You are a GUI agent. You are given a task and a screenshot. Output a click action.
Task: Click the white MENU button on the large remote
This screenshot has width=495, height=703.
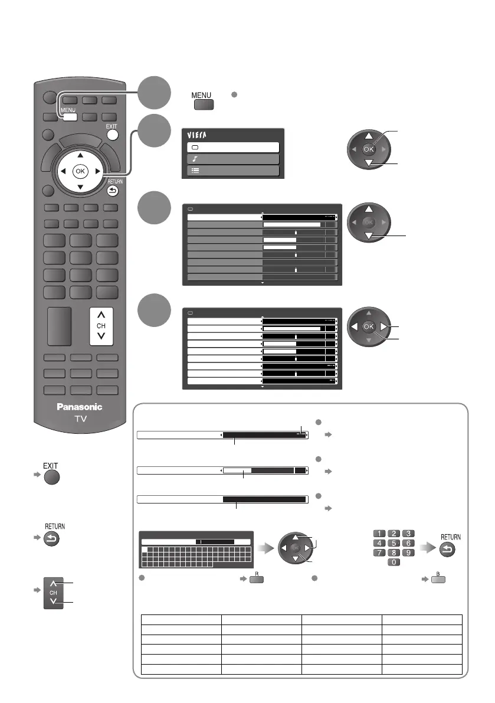68,116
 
